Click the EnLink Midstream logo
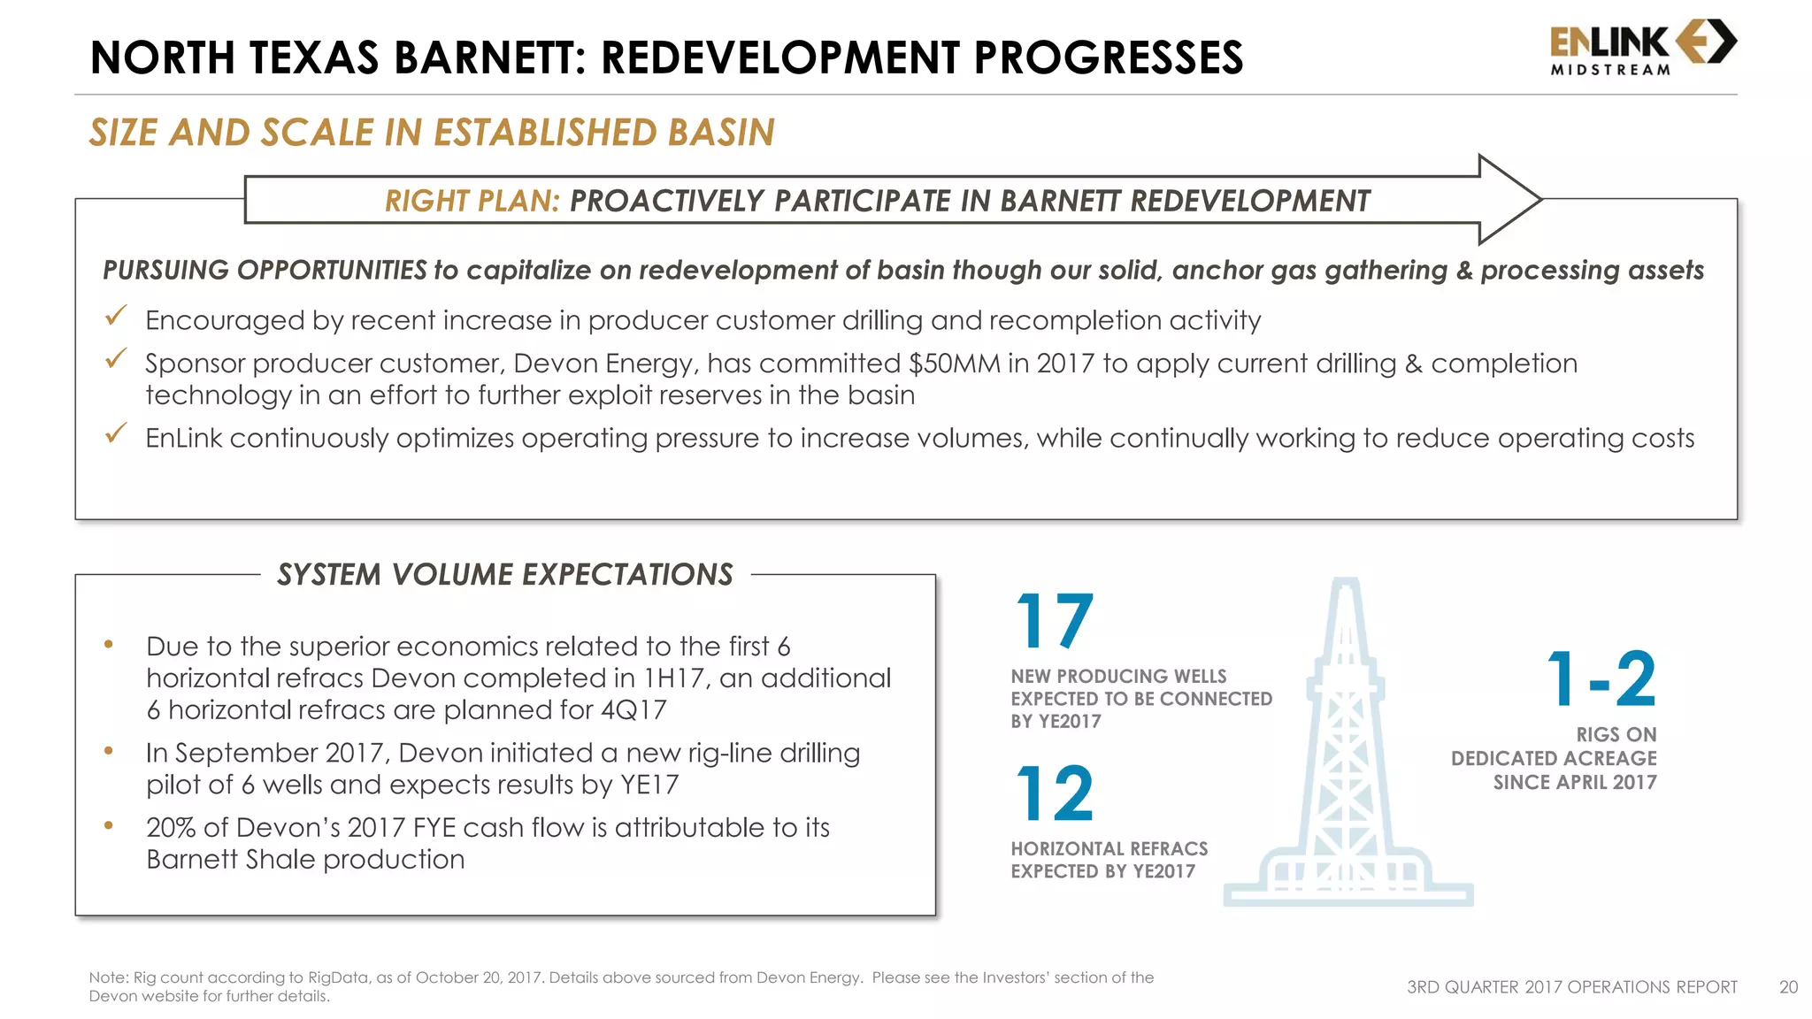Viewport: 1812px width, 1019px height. [x=1642, y=48]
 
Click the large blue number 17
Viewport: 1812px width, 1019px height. [x=1055, y=621]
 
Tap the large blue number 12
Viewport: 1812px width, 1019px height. [x=1055, y=793]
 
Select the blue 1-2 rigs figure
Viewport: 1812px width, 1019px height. [x=1601, y=679]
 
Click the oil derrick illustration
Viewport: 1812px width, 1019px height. [x=1347, y=752]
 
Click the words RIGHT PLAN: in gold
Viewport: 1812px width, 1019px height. [x=472, y=202]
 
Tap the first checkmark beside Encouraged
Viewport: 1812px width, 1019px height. [x=116, y=316]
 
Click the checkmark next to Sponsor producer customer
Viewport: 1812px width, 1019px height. [x=116, y=359]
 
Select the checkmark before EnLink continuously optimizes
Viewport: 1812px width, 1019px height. [x=116, y=433]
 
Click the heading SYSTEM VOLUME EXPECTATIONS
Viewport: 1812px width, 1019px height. [x=505, y=575]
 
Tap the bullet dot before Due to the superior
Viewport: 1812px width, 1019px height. [x=109, y=645]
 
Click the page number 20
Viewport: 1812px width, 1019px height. [x=1788, y=987]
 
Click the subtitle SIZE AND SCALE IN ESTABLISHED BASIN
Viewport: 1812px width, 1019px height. [x=432, y=133]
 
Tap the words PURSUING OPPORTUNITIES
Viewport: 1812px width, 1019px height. [x=265, y=271]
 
